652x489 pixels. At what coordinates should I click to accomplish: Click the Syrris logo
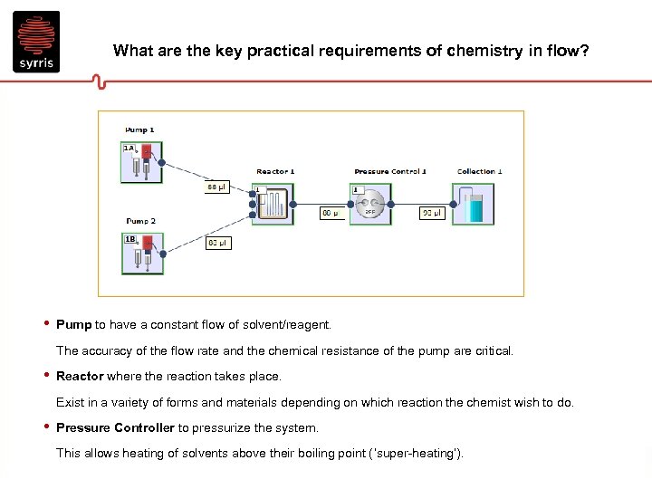point(36,41)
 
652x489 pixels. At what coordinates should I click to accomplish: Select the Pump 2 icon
point(141,254)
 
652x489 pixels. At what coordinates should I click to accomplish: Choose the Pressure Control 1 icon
point(370,205)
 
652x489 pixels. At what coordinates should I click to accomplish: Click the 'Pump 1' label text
point(140,130)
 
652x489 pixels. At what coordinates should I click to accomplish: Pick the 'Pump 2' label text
point(140,221)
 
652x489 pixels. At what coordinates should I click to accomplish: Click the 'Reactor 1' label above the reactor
point(275,171)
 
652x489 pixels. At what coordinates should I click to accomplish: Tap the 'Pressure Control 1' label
point(390,171)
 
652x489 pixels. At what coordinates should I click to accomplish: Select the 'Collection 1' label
point(479,171)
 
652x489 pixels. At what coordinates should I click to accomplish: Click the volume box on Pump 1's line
point(217,187)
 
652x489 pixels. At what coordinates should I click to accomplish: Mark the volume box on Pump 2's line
point(218,243)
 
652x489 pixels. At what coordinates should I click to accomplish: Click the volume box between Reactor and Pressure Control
point(331,214)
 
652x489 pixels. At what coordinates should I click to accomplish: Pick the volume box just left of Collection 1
point(431,214)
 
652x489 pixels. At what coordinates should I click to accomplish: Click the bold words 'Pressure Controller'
point(115,427)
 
